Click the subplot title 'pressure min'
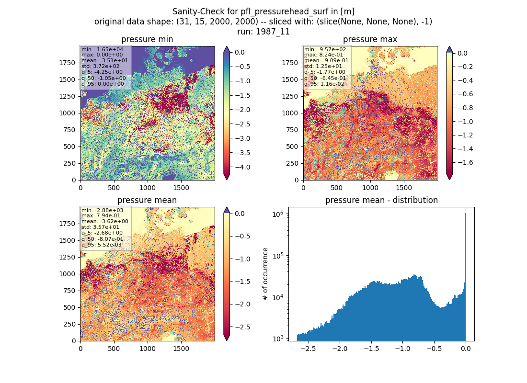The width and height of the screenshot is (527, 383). pos(147,40)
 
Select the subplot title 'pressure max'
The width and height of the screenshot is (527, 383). pos(370,40)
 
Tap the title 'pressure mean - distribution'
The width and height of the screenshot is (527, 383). pos(381,200)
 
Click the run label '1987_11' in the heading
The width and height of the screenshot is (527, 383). pos(273,32)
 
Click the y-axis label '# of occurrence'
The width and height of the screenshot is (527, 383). pos(265,274)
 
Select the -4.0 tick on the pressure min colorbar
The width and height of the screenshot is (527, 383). pos(242,167)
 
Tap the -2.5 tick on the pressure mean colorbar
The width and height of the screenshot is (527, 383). pos(242,327)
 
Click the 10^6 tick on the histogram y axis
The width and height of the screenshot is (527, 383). pos(278,214)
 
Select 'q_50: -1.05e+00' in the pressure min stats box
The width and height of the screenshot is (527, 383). pos(103,79)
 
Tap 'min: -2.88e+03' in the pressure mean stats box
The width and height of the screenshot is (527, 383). pos(102,210)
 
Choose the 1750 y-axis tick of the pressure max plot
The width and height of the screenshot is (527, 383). pos(290,63)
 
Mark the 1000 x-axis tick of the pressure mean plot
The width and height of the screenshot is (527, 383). pos(148,349)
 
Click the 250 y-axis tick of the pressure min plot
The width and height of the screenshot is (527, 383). pos(69,163)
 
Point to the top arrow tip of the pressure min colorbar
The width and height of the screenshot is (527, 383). pos(227,46)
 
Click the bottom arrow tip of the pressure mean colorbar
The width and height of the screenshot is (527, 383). pos(227,340)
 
